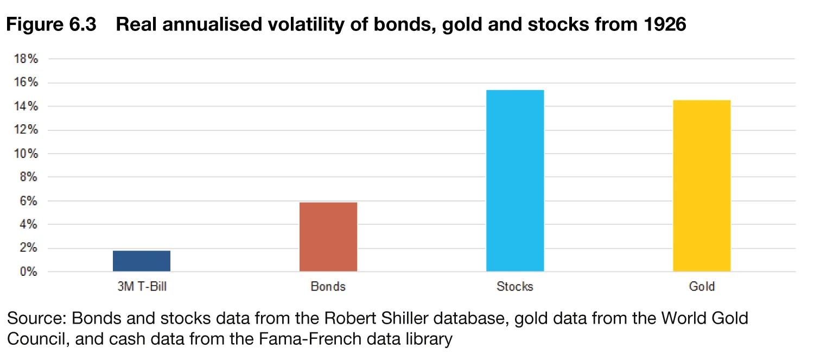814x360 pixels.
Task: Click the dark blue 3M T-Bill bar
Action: tap(142, 261)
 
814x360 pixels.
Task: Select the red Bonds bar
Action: tap(328, 237)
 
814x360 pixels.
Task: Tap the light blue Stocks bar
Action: tap(515, 180)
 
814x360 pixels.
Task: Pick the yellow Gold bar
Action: tap(702, 186)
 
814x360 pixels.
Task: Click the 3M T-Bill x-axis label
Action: tap(142, 286)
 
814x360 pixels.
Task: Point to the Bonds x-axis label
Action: tap(328, 286)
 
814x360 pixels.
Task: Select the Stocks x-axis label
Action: tap(515, 286)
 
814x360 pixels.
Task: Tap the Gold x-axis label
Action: tap(702, 286)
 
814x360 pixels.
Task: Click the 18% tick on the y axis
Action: tap(26, 59)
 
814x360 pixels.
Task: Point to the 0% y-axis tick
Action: tap(29, 272)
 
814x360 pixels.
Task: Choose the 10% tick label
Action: tap(26, 154)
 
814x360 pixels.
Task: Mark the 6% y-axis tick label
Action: tap(29, 201)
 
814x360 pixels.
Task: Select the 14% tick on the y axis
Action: tap(26, 106)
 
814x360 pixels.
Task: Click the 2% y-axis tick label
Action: tap(29, 248)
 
